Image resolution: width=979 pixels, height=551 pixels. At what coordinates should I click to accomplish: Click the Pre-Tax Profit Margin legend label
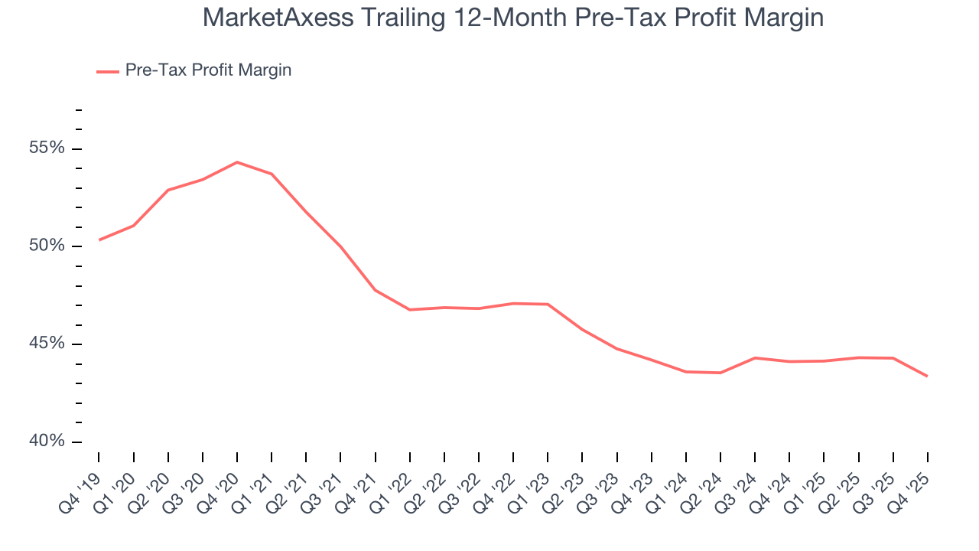click(208, 70)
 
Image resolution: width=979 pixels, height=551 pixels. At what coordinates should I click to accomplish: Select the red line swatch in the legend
click(107, 71)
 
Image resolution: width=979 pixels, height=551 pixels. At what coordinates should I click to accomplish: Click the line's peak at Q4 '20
click(237, 162)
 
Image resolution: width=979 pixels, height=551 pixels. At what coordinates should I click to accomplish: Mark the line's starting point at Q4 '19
click(99, 240)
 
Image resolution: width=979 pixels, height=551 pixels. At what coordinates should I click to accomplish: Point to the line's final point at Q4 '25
click(928, 376)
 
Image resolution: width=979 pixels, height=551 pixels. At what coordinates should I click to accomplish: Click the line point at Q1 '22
click(410, 310)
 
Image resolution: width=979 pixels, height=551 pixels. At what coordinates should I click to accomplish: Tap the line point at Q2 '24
click(720, 373)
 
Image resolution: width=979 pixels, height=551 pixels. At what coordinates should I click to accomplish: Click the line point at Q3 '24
click(755, 358)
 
